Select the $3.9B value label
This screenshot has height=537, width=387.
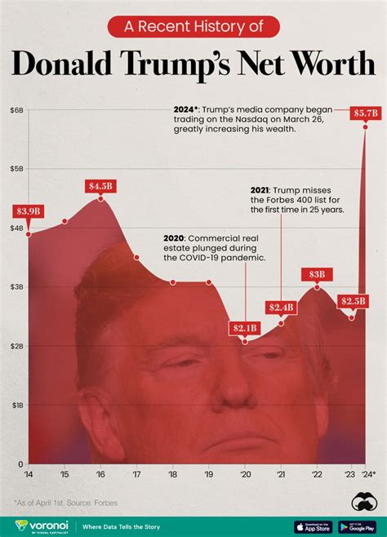pos(28,211)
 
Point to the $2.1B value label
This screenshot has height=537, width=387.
pos(244,328)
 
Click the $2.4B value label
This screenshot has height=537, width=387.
pos(281,307)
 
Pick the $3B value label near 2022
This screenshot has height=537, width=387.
pos(317,274)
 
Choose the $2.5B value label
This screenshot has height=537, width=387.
pos(352,301)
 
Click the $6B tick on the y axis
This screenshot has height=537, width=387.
pos(16,109)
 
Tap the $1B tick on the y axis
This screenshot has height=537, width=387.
pos(16,405)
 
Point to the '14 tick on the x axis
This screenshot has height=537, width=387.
pos(29,474)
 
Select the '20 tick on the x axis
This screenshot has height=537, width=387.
pos(245,474)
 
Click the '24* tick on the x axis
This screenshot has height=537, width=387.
pos(368,474)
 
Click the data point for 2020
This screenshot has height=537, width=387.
pos(245,340)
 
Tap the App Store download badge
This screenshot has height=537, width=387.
pos(314,526)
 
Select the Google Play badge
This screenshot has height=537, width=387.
pos(356,526)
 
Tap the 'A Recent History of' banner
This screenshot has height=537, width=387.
pos(193,27)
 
